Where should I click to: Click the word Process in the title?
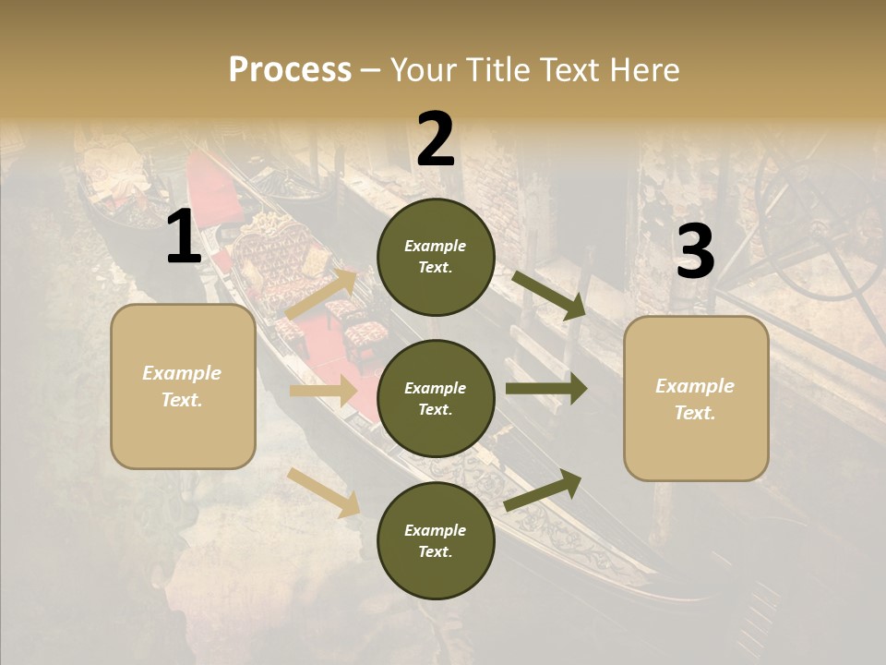click(x=290, y=70)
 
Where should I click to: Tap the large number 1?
click(x=184, y=237)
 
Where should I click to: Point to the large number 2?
click(x=436, y=139)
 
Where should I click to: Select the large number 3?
click(x=695, y=252)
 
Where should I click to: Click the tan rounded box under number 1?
click(x=183, y=386)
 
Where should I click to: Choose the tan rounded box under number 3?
click(x=696, y=399)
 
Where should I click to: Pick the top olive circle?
click(x=436, y=257)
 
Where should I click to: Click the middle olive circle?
click(x=436, y=398)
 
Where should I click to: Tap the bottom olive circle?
click(x=436, y=540)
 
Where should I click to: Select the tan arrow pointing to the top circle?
click(x=322, y=295)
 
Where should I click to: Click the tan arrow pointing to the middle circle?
click(x=322, y=391)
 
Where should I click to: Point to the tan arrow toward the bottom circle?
click(x=324, y=492)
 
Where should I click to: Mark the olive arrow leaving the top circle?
click(x=549, y=295)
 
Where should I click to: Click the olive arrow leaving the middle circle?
click(x=545, y=389)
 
